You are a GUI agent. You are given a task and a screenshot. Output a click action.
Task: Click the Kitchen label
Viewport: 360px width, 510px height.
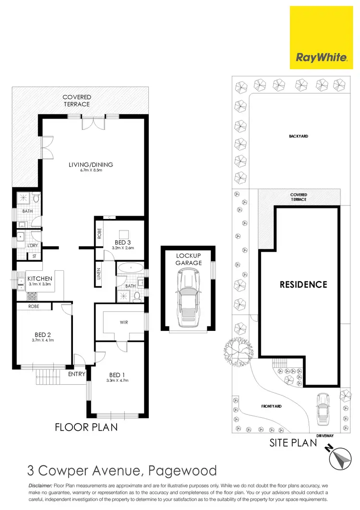(39, 279)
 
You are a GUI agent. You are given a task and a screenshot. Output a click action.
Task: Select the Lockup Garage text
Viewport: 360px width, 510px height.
(189, 259)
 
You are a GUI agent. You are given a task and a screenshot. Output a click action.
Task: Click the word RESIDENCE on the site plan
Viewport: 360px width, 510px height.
(303, 284)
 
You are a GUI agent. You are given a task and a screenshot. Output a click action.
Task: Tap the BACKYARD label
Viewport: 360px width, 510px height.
(298, 136)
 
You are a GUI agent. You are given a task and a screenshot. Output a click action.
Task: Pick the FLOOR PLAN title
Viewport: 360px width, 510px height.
(86, 426)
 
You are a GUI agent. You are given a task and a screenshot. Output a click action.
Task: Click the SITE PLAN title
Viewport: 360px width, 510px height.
(293, 442)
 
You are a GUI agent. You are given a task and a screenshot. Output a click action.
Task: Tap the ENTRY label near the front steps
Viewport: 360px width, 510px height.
(77, 374)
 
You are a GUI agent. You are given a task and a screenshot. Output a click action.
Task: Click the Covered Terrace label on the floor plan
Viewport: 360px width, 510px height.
(76, 100)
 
